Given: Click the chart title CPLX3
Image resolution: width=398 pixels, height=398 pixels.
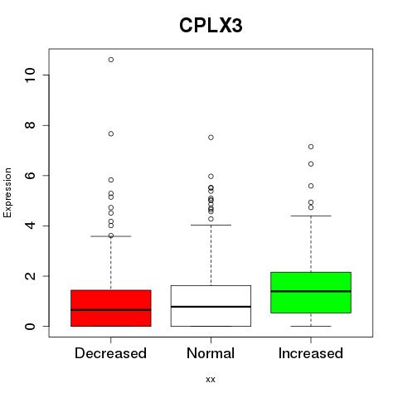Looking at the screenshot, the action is tap(211, 26).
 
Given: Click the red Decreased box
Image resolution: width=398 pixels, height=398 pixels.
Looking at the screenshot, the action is tap(111, 308).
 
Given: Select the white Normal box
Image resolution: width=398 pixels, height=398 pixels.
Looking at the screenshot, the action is tap(211, 306).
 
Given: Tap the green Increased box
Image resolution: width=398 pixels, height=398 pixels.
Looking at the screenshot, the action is tap(311, 293).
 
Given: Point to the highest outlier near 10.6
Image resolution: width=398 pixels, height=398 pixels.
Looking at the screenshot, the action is tap(111, 60).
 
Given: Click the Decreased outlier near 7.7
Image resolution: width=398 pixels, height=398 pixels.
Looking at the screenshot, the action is tap(111, 133).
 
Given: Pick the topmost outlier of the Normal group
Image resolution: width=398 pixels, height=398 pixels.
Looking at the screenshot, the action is tap(211, 138).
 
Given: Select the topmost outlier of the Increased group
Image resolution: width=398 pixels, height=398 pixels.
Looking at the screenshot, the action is tap(311, 147).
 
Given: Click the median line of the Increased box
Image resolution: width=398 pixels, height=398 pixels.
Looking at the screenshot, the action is tap(311, 291).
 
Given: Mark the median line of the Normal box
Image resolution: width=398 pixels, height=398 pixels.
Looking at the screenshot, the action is tap(211, 307).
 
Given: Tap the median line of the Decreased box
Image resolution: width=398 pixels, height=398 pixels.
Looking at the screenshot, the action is tap(111, 310).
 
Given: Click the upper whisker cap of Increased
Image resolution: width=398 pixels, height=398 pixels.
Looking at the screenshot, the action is tap(311, 216).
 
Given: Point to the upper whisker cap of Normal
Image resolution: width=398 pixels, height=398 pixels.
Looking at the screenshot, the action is tap(211, 225).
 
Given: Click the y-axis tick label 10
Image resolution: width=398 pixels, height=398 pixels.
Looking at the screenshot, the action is tap(30, 75).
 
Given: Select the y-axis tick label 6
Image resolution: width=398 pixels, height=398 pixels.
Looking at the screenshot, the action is tap(30, 176).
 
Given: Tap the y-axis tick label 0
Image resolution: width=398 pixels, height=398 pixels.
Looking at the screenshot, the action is tap(30, 327).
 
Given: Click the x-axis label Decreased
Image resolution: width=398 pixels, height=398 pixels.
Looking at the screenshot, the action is tap(110, 353).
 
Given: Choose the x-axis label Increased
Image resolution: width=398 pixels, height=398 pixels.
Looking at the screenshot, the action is tap(311, 353).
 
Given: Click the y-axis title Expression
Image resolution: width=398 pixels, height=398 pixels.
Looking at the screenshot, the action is tap(7, 192).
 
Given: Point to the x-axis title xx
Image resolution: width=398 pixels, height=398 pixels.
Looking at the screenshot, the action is tap(211, 380).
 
